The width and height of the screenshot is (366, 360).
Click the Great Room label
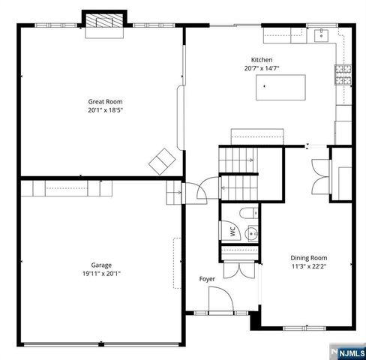[105, 101]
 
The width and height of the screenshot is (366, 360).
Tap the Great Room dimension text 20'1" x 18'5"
[105, 109]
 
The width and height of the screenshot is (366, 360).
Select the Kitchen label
[262, 60]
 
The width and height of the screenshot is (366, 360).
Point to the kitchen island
[284, 87]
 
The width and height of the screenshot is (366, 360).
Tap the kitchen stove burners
[343, 73]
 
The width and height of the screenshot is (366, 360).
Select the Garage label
[102, 265]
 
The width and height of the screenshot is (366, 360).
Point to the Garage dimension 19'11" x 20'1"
[101, 274]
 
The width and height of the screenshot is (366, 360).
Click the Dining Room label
[309, 257]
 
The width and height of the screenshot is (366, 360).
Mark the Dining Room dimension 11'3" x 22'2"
[309, 265]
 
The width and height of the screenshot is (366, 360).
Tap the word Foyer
[207, 279]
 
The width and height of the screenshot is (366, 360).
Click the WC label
[233, 232]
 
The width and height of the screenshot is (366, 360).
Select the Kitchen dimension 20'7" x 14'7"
[262, 68]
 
